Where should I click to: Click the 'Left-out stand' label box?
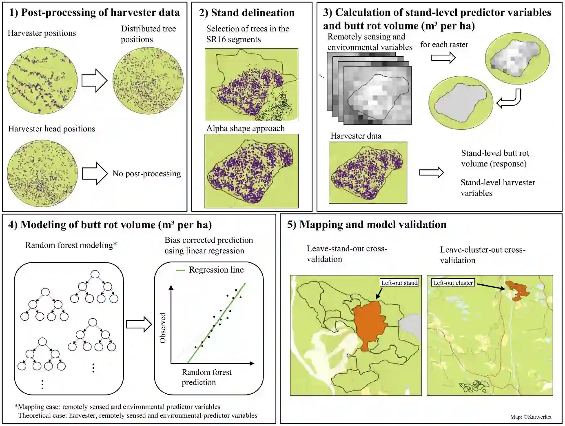coord(399,283)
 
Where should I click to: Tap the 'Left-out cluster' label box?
coord(453,283)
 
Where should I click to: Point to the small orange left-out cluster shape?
coord(516,290)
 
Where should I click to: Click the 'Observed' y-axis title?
coord(163,328)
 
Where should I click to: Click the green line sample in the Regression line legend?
coord(180,270)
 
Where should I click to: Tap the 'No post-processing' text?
coord(146,174)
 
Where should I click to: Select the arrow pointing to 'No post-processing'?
coord(95,174)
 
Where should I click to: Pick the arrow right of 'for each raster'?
coord(443,58)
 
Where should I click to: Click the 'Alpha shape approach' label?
coord(245,129)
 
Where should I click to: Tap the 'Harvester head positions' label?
coord(51,129)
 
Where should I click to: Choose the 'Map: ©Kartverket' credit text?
coord(530,417)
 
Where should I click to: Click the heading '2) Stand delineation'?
coord(246,13)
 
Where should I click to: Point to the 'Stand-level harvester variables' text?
coord(497,188)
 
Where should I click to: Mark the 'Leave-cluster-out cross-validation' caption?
coord(482,255)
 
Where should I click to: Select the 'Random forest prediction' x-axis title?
coord(206,377)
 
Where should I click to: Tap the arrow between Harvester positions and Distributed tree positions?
coord(94,80)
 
